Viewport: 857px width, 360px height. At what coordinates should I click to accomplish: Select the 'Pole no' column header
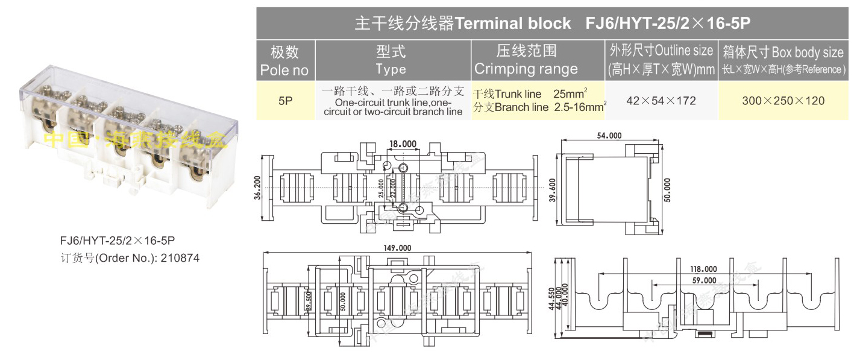tap(284, 61)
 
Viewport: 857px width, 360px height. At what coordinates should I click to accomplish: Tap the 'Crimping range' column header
tap(526, 61)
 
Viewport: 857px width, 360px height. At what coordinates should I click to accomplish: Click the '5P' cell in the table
tap(285, 101)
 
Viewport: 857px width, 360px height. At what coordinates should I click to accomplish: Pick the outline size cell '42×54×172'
tap(661, 101)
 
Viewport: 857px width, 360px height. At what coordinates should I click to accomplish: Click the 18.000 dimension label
tap(403, 144)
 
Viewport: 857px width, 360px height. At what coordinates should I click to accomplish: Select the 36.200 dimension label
tap(257, 188)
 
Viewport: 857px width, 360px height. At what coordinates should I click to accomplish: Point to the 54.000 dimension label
tap(609, 136)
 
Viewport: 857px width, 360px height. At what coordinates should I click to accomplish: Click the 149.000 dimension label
tap(397, 248)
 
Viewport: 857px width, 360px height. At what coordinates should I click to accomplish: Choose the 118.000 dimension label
tap(704, 269)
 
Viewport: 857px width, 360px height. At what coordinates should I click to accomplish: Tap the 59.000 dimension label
tap(704, 280)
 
